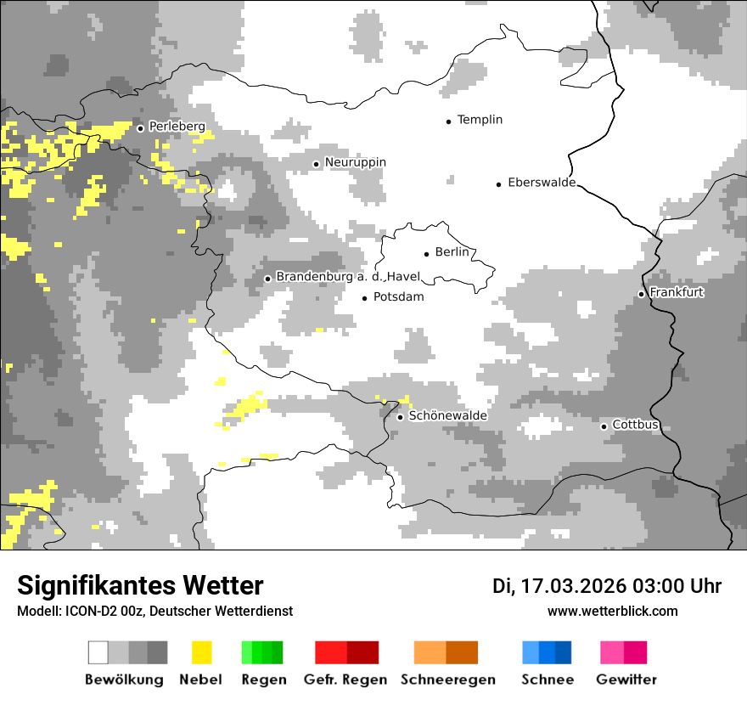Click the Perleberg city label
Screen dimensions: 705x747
pos(177,127)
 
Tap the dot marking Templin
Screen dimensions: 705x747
pos(448,121)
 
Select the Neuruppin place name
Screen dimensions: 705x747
pos(355,162)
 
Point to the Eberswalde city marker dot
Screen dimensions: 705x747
pos(498,184)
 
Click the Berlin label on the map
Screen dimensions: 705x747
pos(452,252)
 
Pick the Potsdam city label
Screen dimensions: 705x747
pos(398,297)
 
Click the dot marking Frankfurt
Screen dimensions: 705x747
pos(641,294)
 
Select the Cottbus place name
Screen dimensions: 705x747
pos(636,425)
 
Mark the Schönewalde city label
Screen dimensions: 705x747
pos(448,415)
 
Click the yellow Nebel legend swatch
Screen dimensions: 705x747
pos(201,652)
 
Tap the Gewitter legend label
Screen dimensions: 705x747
pos(626,680)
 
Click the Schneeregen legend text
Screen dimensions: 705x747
pos(447,680)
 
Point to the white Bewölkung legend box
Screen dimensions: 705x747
pos(98,652)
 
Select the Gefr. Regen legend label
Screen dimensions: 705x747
pos(345,680)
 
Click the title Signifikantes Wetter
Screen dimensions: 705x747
pos(140,585)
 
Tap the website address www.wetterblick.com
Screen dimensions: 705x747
pos(612,611)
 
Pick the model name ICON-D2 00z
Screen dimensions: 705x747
pos(100,611)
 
